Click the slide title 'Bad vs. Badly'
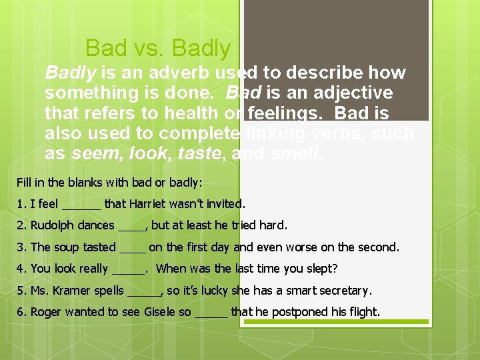[x=158, y=48]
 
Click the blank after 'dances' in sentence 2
[x=131, y=227]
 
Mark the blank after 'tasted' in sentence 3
[x=132, y=249]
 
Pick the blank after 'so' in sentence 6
[x=211, y=313]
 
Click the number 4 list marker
[x=21, y=269]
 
